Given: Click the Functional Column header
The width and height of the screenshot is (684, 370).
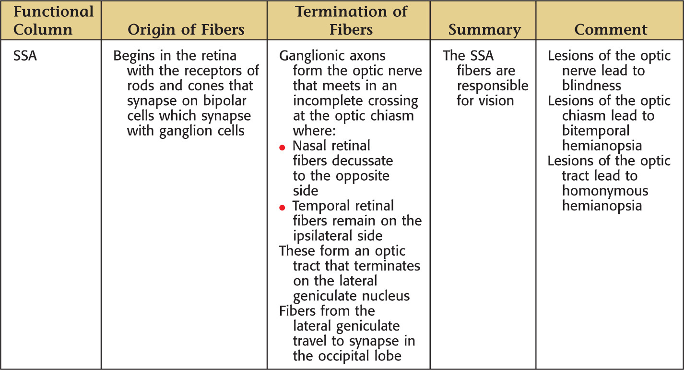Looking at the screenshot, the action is (x=53, y=21).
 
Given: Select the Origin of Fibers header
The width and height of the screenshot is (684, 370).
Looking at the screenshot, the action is (x=186, y=30).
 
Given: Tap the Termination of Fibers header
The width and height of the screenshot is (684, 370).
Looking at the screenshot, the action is (x=351, y=21).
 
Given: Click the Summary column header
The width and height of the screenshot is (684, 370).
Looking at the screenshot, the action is (x=484, y=30).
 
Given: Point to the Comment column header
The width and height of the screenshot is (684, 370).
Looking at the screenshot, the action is (x=611, y=30).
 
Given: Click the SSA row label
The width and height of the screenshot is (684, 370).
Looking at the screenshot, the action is (x=25, y=56).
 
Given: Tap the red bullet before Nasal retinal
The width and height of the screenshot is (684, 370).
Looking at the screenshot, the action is (x=282, y=148).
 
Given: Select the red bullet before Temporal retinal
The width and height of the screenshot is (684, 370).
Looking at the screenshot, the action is (x=282, y=208).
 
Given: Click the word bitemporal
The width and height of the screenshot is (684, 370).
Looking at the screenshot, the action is (x=596, y=131).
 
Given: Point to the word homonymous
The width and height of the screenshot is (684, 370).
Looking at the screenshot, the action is (x=605, y=191).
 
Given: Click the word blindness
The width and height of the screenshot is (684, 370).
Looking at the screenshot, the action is (x=591, y=86).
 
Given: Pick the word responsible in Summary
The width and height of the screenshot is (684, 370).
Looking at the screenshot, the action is (x=493, y=86).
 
